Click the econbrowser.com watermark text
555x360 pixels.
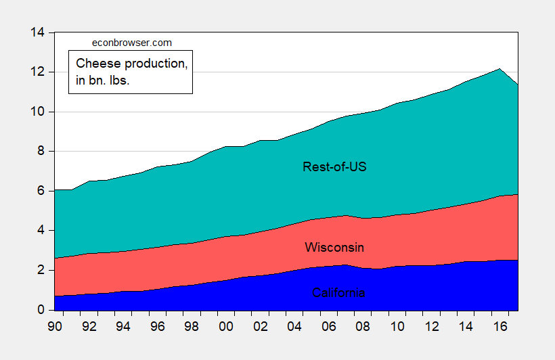[131, 43]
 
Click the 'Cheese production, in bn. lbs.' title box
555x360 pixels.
[130, 72]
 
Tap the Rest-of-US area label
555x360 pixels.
[334, 166]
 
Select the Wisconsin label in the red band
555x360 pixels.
[334, 247]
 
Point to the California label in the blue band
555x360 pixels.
[338, 293]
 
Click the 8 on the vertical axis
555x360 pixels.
[40, 152]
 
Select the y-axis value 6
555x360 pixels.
[40, 192]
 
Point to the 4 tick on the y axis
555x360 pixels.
[40, 231]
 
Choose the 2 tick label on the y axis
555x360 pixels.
[40, 271]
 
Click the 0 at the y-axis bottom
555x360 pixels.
[40, 310]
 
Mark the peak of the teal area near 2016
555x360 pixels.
[500, 68]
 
